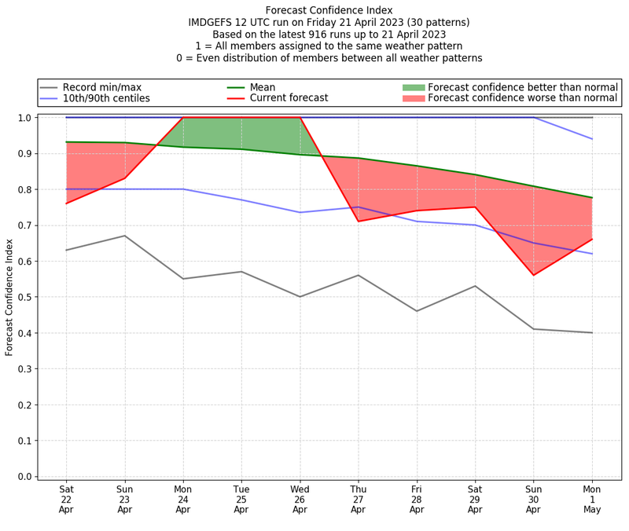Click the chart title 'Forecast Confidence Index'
pos(329,10)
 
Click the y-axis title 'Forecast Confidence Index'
pos(9,297)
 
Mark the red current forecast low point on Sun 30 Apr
pos(533,275)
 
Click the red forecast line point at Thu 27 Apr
pos(359,221)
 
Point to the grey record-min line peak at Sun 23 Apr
pos(124,236)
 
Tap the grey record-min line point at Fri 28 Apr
pos(417,311)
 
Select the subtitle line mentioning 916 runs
pos(329,35)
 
